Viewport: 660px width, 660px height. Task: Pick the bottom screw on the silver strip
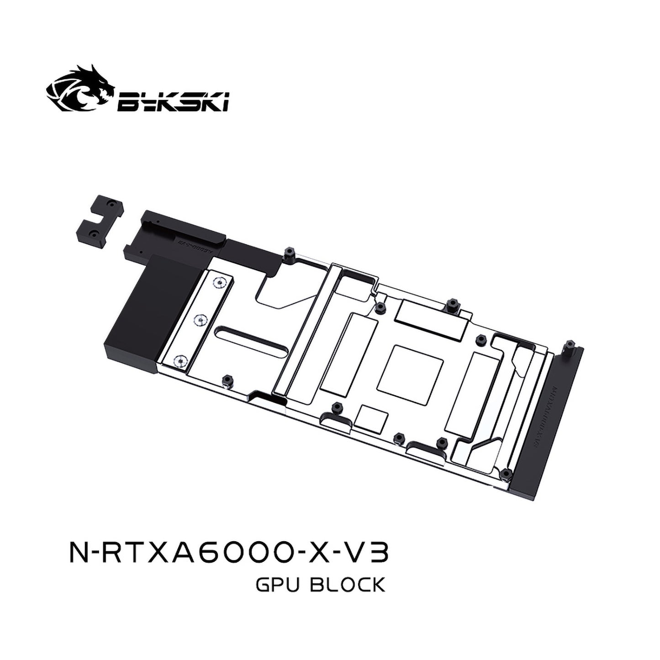point(179,361)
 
